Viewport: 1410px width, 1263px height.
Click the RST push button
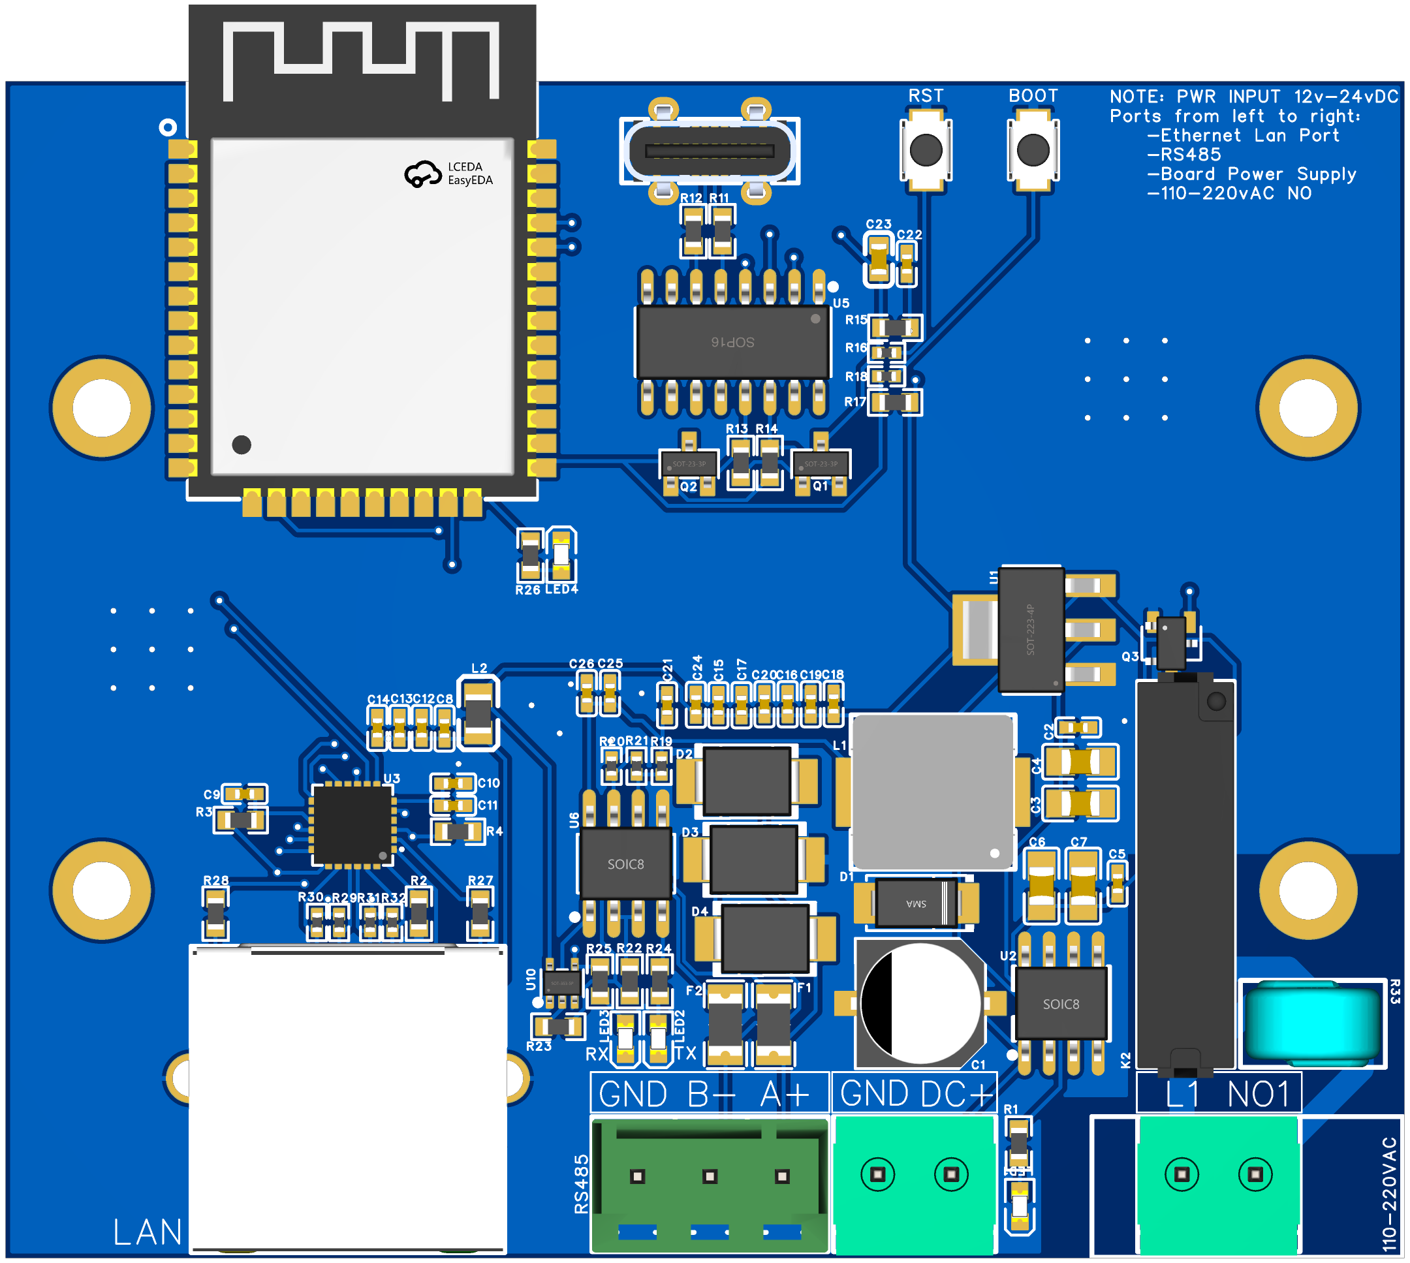pos(926,150)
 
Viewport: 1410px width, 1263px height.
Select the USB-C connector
pos(709,151)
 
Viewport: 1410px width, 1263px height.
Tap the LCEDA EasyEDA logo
pos(449,174)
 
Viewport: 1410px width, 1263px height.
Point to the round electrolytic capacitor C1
pos(920,1003)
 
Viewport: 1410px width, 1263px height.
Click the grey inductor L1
pos(932,792)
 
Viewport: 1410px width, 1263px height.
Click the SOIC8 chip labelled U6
pos(626,864)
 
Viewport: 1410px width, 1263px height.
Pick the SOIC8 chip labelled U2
pos(1061,1003)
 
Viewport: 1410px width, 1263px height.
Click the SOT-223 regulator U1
pos(1031,629)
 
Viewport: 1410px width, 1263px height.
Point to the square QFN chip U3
pos(352,825)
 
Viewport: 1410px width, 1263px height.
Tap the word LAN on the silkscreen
pos(147,1232)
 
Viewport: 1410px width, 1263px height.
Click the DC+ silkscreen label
pos(956,1095)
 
